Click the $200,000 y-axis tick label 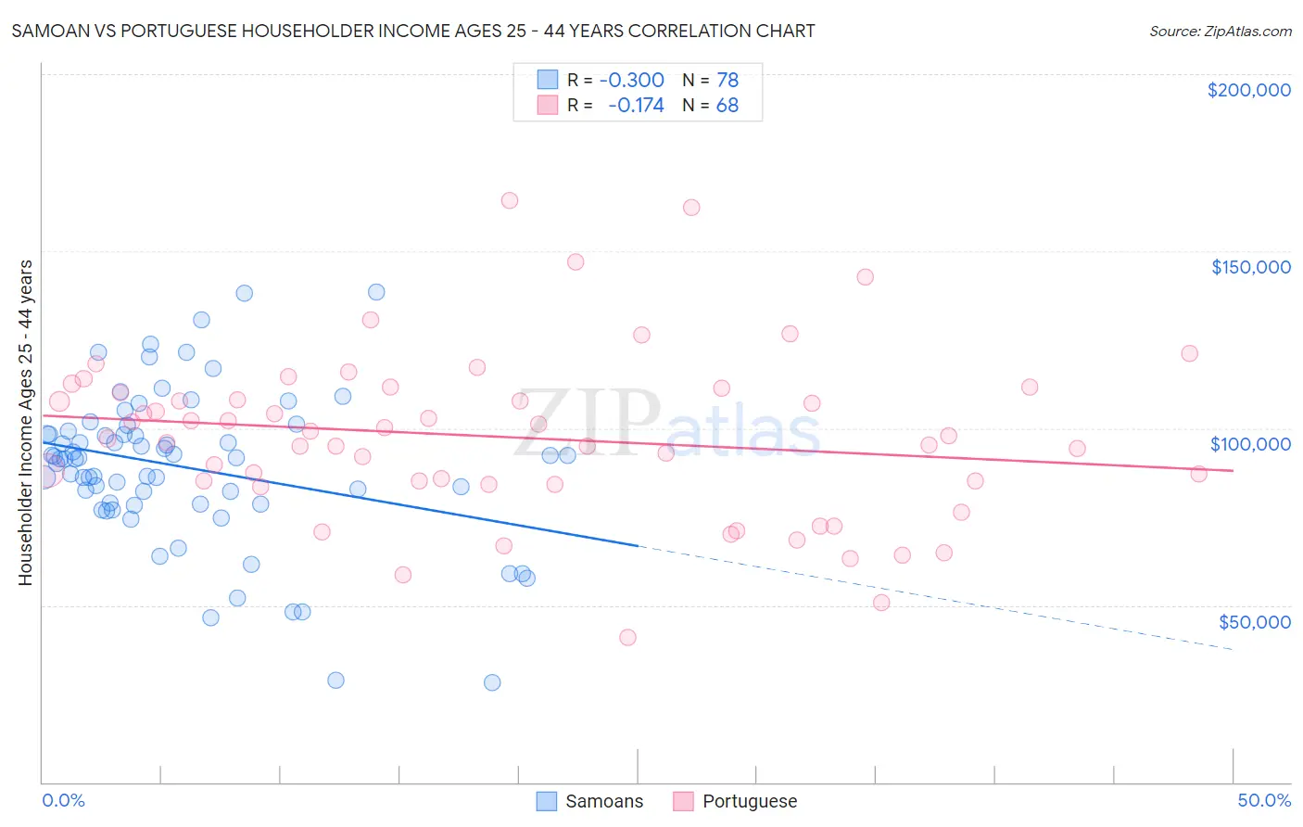[1248, 90]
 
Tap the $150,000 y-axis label [1250, 267]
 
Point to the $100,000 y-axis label [1250, 444]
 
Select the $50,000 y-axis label [1254, 621]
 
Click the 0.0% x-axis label [63, 800]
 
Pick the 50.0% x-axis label [1264, 800]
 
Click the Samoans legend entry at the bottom [603, 801]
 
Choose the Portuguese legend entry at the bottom [749, 801]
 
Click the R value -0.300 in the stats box [631, 81]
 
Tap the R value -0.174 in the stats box [636, 106]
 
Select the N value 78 [727, 81]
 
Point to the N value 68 [727, 106]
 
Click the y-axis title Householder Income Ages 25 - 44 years [25, 422]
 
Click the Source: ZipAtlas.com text [1220, 32]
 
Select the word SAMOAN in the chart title [46, 31]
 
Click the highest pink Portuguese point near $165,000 [509, 200]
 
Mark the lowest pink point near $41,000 [627, 637]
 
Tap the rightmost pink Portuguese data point [1198, 474]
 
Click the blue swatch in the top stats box [548, 80]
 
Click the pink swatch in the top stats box [548, 105]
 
